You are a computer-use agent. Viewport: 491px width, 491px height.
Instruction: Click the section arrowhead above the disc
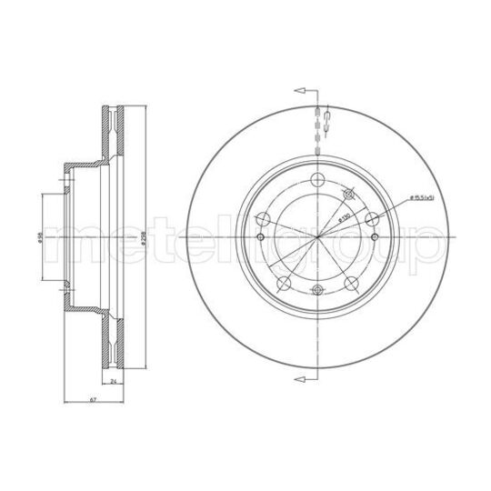(x=298, y=91)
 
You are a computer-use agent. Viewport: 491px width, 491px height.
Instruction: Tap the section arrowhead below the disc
(x=298, y=376)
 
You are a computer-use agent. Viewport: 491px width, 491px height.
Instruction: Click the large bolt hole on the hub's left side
(x=263, y=217)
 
